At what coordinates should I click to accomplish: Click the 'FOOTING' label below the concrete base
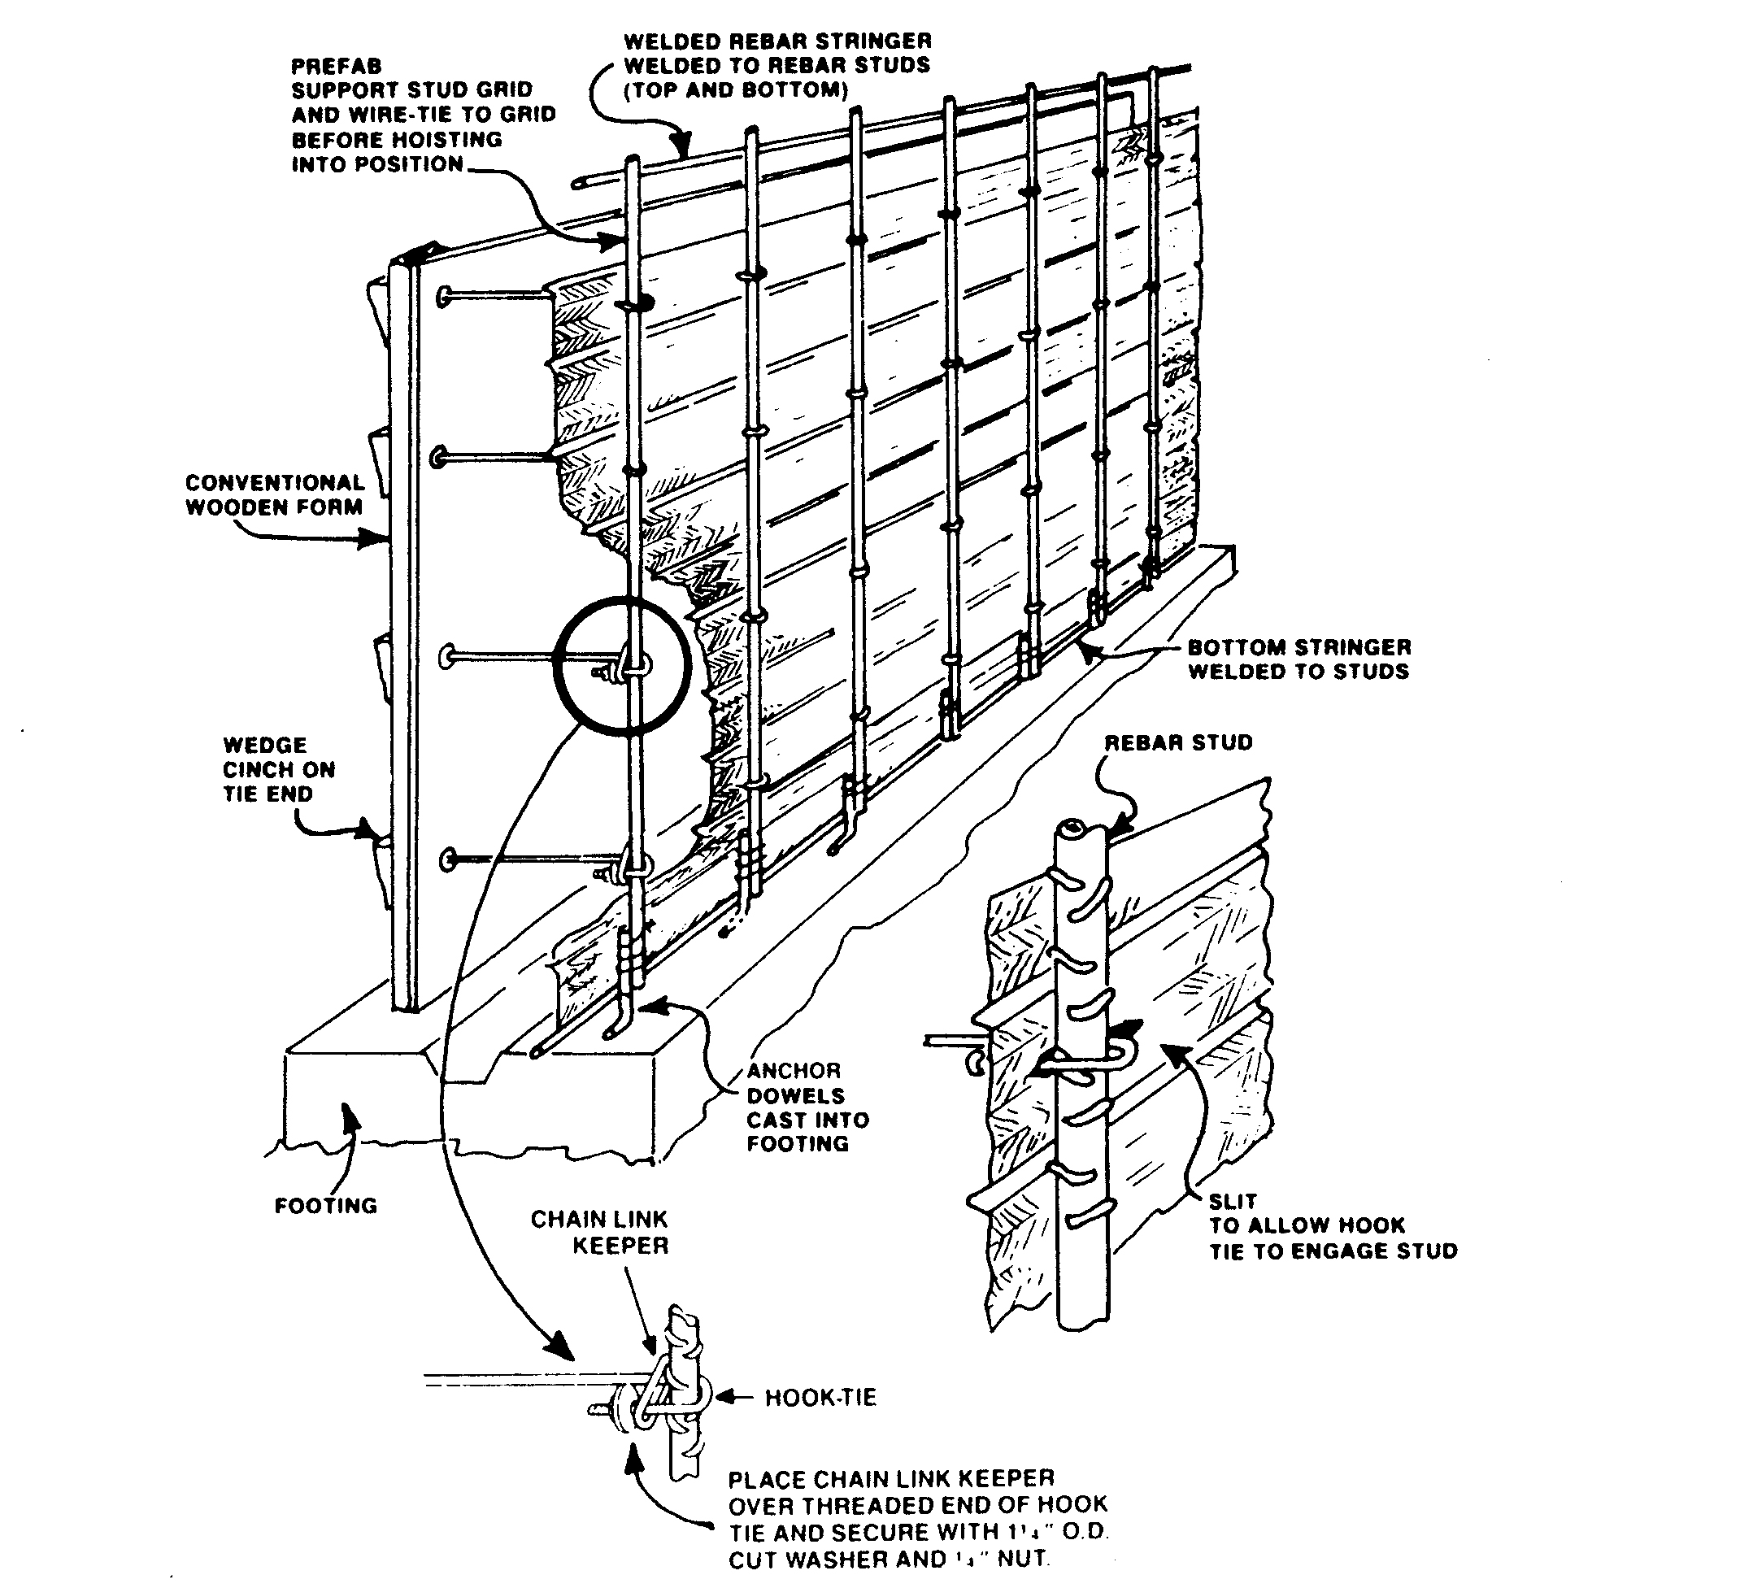[x=325, y=1206]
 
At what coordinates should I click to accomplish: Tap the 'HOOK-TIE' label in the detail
[x=820, y=1397]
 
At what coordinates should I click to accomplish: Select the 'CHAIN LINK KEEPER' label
[x=600, y=1233]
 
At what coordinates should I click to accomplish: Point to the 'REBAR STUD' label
[x=1178, y=743]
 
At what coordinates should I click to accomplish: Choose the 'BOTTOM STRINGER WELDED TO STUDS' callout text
[x=1299, y=659]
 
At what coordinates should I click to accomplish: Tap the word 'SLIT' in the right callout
[x=1233, y=1201]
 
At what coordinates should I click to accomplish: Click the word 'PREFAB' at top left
[x=337, y=67]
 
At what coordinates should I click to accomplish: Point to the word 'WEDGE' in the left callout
[x=265, y=745]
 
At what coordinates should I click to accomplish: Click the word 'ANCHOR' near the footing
[x=794, y=1071]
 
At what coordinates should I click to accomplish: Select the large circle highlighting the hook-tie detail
[x=622, y=665]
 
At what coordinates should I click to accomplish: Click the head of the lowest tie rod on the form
[x=448, y=859]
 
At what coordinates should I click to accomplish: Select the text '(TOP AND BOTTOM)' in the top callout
[x=736, y=89]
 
